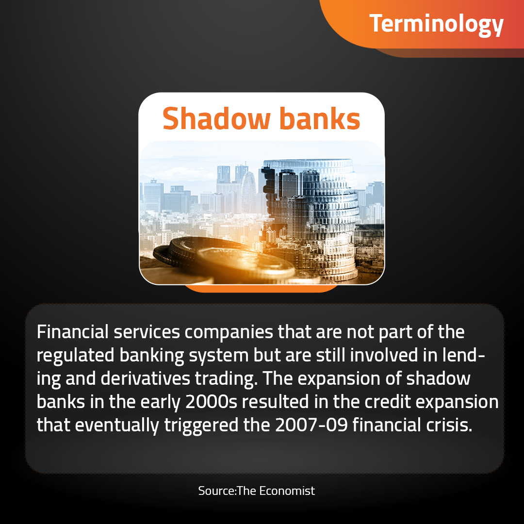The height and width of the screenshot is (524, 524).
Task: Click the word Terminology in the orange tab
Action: point(436,24)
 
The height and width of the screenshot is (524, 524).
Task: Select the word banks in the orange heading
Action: point(320,119)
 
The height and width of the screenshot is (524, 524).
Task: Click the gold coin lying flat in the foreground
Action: point(246,264)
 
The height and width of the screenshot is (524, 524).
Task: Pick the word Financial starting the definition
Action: point(72,332)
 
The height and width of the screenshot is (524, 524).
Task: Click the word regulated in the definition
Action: point(76,356)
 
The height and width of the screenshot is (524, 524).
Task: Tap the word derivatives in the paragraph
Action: point(146,378)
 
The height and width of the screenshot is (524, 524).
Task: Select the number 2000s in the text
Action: point(211,402)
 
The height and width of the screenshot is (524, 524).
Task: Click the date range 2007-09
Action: point(311,425)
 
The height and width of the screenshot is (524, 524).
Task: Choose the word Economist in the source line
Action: point(287,491)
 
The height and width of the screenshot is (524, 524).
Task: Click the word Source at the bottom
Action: point(217,491)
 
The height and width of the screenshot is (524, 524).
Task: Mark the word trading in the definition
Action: point(226,379)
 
